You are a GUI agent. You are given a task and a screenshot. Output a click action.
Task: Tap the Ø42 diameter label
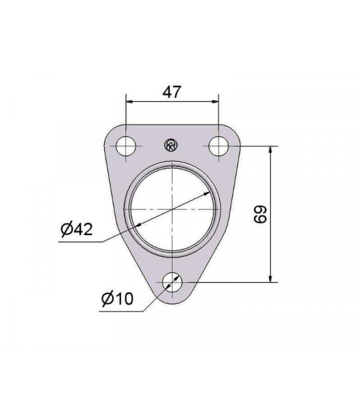pyautogui.click(x=77, y=229)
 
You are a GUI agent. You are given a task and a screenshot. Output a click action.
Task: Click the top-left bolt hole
pyautogui.click(x=127, y=146)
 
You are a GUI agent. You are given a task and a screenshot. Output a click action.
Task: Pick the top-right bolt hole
pyautogui.click(x=218, y=146)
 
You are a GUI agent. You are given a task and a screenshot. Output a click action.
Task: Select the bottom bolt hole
pyautogui.click(x=173, y=280)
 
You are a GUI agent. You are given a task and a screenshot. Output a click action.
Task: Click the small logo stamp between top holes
pyautogui.click(x=170, y=145)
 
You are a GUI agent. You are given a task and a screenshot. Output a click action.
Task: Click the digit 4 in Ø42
pyautogui.click(x=78, y=229)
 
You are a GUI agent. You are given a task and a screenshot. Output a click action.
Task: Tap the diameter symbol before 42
pyautogui.click(x=66, y=229)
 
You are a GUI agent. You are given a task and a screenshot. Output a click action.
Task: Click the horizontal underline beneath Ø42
pyautogui.click(x=81, y=241)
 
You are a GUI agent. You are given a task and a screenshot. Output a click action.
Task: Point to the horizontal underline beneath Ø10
pyautogui.click(x=120, y=311)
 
